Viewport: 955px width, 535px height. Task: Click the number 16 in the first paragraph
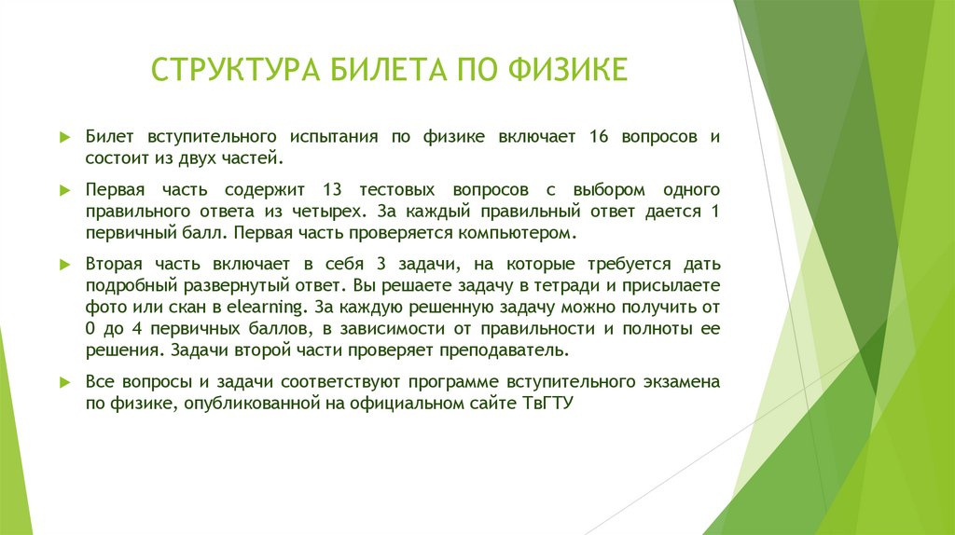click(599, 136)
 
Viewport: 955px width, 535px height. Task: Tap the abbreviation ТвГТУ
click(546, 404)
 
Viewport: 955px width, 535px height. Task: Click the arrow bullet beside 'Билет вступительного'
click(64, 137)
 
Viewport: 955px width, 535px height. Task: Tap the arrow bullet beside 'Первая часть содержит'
click(64, 189)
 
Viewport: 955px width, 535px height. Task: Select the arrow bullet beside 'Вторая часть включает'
click(64, 264)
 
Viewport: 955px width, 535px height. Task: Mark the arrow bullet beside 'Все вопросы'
click(64, 382)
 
